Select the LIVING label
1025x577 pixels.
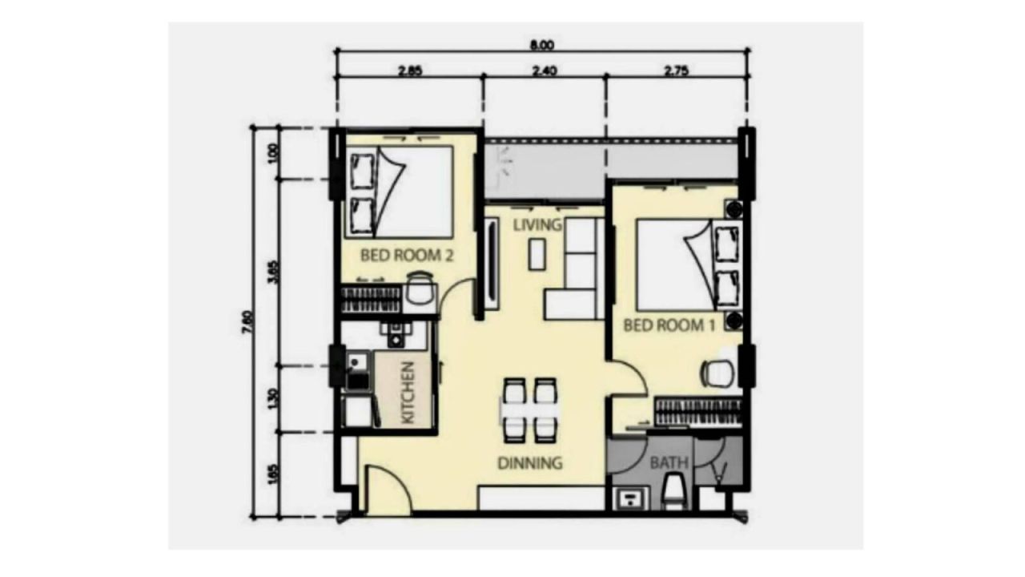537,224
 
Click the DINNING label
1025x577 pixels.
529,462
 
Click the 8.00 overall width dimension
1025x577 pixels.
542,44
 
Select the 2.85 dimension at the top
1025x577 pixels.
409,70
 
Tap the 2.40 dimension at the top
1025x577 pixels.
544,70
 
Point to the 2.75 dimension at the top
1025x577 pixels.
676,70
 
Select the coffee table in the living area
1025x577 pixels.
537,252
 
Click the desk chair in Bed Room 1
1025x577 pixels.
717,373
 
